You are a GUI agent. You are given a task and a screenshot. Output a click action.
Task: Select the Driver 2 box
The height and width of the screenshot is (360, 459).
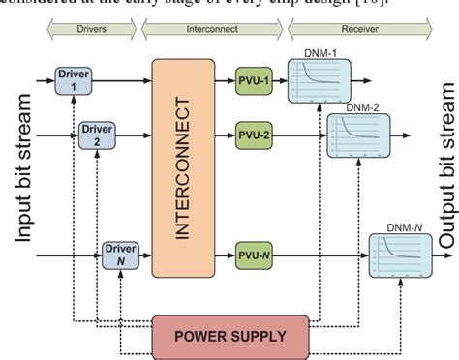coord(97,134)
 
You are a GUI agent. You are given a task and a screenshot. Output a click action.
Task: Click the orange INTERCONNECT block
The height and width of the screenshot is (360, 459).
coord(183,167)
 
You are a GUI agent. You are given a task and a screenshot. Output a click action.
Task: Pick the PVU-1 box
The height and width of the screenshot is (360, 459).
coord(256,79)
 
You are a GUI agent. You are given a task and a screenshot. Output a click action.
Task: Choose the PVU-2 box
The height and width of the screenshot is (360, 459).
coord(256,135)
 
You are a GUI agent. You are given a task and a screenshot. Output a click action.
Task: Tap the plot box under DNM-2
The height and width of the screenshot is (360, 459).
coord(356,135)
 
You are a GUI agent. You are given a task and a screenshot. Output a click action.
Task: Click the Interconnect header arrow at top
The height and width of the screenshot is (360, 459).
coord(213,29)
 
